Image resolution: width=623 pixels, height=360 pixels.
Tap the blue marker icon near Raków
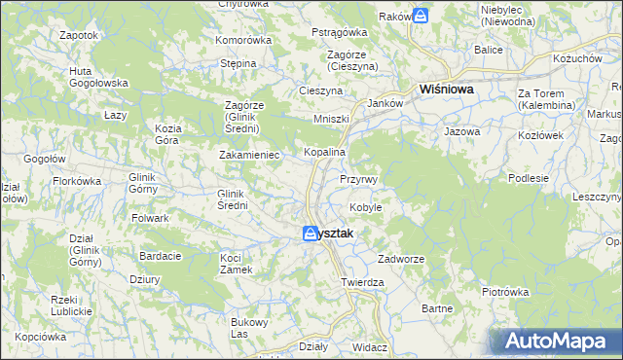[420, 16]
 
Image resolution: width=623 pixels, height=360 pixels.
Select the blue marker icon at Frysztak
[310, 234]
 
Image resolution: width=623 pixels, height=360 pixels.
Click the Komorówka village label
[242, 40]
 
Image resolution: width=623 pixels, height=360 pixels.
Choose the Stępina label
[238, 63]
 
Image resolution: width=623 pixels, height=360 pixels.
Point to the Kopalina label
[325, 153]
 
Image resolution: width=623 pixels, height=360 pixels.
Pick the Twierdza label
[362, 282]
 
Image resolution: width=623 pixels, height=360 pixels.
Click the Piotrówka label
[504, 291]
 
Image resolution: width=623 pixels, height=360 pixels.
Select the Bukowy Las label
[247, 327]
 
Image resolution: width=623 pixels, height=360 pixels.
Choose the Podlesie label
[529, 178]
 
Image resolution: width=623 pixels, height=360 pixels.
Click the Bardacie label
[161, 256]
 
